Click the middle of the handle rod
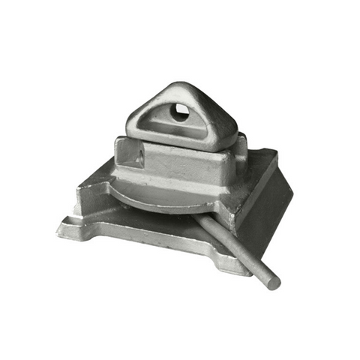[232, 247]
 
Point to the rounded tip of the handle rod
[274, 283]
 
